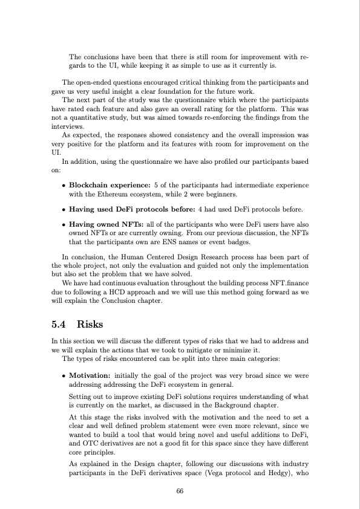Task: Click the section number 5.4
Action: click(x=60, y=323)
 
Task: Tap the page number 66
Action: click(x=180, y=490)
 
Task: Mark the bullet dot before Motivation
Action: click(x=64, y=375)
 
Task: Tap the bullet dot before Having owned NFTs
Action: click(x=64, y=224)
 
